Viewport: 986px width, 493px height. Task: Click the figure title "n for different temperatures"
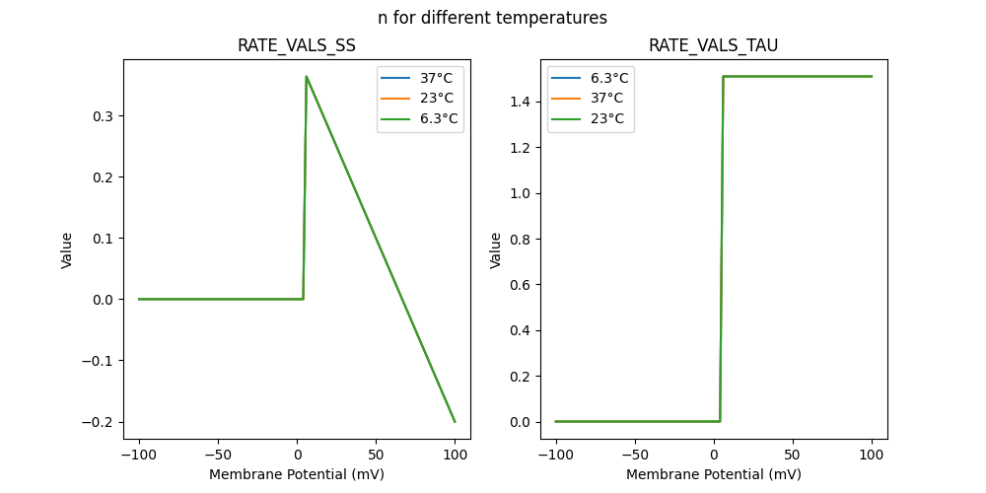click(x=492, y=18)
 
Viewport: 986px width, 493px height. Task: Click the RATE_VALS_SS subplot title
click(x=296, y=46)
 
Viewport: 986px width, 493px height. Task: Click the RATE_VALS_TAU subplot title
click(x=713, y=46)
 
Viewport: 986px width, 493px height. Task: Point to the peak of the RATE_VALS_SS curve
click(x=306, y=76)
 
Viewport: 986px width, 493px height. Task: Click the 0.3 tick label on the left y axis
click(x=104, y=116)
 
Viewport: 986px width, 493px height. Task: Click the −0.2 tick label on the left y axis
click(x=99, y=422)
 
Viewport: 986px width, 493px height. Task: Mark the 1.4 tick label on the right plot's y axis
click(x=521, y=102)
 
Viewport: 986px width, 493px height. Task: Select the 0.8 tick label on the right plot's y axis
click(x=521, y=285)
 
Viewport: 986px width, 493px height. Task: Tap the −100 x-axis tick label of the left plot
click(x=138, y=456)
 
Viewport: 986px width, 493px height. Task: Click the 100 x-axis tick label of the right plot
click(x=872, y=456)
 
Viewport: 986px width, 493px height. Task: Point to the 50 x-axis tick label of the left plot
click(x=376, y=456)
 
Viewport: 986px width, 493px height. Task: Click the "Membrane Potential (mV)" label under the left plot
click(x=296, y=474)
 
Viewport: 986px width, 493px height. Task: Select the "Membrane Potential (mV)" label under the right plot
click(x=713, y=474)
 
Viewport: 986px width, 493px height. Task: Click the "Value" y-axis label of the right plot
click(x=496, y=250)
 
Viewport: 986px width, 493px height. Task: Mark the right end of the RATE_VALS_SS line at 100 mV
click(x=455, y=422)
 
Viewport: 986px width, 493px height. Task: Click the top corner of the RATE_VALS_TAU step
click(x=723, y=76)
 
